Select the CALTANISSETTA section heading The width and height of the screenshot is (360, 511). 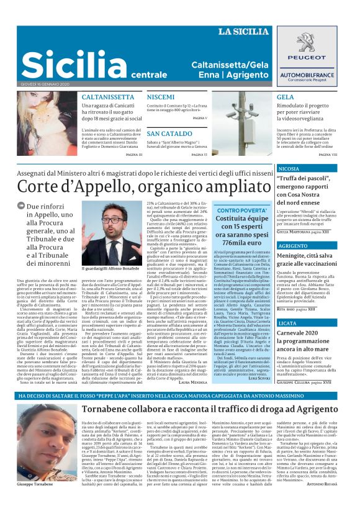pyautogui.click(x=108, y=97)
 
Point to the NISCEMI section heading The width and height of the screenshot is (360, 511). pyautogui.click(x=161, y=97)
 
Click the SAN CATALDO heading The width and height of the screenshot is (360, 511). pyautogui.click(x=170, y=133)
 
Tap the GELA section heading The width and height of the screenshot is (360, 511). pyautogui.click(x=286, y=97)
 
